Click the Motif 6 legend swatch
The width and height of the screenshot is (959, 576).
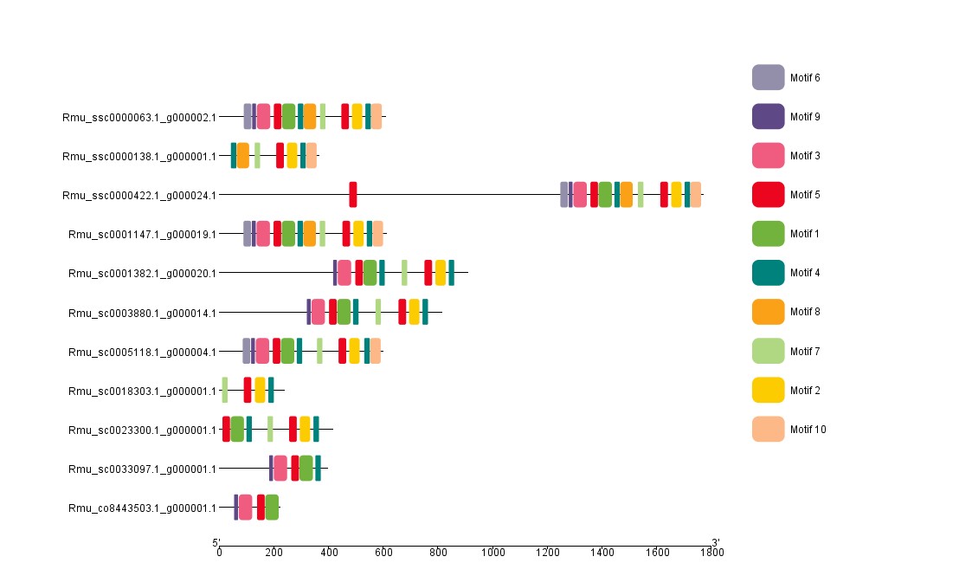(x=768, y=77)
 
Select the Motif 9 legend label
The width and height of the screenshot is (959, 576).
(x=805, y=117)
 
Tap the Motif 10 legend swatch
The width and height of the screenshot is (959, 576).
(x=768, y=429)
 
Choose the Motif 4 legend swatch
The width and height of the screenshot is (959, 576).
(x=768, y=273)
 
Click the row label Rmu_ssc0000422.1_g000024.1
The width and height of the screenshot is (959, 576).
(x=139, y=195)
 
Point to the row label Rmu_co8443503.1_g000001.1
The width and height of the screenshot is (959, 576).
(x=142, y=508)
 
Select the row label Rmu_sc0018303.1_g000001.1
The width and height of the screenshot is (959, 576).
(x=142, y=391)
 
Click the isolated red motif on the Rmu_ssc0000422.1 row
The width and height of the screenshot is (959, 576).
(x=353, y=195)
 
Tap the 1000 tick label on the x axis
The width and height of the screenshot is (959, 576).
(x=493, y=552)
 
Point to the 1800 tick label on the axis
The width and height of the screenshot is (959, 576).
(x=712, y=552)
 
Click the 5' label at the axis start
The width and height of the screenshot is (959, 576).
(x=216, y=543)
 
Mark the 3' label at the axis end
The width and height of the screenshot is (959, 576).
(x=716, y=543)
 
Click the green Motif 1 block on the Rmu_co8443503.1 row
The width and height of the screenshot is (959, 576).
(x=273, y=508)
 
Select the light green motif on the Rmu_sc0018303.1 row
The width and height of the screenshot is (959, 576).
(x=225, y=390)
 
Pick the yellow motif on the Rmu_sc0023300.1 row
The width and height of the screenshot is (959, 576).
(x=305, y=429)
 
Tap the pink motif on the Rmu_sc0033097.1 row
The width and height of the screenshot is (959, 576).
(x=280, y=468)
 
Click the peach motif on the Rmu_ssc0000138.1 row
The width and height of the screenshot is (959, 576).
(x=311, y=156)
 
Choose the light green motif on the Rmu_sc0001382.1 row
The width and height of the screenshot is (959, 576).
(x=404, y=273)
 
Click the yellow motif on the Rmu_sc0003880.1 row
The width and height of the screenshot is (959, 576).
(x=415, y=312)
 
